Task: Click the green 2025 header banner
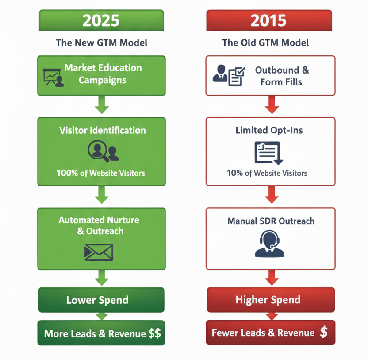coord(101,20)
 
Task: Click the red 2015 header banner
coord(269,20)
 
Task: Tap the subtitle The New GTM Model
coord(101,43)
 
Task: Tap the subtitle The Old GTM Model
coord(265,43)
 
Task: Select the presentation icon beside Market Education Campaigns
coord(53,77)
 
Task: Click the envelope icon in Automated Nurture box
coord(99,252)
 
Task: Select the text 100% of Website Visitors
coord(101,173)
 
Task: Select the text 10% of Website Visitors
coord(267,173)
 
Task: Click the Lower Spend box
coord(101,300)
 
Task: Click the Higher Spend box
coord(270,300)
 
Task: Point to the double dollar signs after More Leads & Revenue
coord(154,333)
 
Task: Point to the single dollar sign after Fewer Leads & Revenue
coord(324,332)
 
